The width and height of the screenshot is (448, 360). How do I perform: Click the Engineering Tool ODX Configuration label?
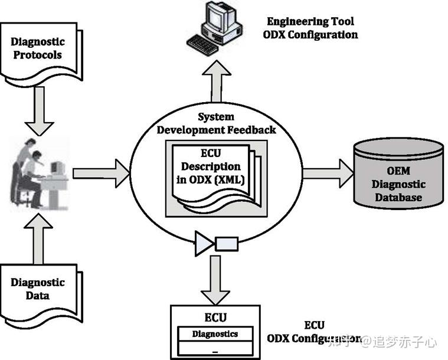(x=312, y=28)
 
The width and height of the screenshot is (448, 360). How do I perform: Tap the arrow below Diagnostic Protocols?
(x=40, y=109)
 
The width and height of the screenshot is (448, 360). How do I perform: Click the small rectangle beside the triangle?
(x=226, y=243)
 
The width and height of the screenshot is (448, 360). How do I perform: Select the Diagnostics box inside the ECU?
(x=215, y=335)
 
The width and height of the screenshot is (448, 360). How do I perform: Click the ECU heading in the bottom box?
(x=215, y=317)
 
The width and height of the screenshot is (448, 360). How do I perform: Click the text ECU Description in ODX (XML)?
(x=211, y=167)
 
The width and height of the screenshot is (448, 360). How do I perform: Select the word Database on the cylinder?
(x=399, y=197)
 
